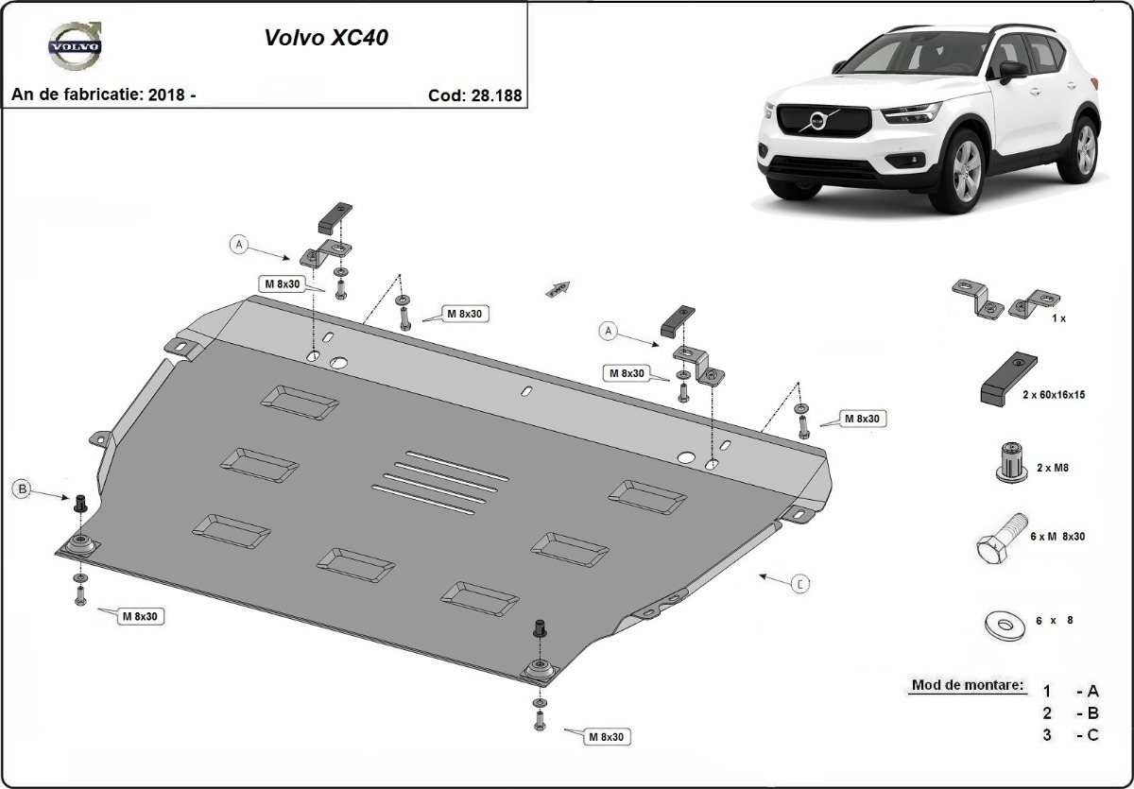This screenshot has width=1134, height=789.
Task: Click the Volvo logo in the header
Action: [x=76, y=47]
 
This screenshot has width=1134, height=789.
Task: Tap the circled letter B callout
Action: [x=23, y=489]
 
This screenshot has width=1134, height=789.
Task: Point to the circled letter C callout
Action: [x=799, y=584]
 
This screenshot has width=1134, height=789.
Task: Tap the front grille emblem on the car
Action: [x=816, y=120]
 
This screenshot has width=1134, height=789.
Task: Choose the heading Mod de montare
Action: [x=967, y=684]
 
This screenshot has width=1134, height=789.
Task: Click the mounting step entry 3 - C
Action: [x=1071, y=736]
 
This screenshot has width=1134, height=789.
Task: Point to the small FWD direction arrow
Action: [x=557, y=288]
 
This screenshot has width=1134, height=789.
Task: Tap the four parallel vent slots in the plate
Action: [x=440, y=480]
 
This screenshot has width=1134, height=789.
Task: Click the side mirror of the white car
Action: [x=1012, y=70]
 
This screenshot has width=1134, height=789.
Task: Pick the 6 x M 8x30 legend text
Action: [x=1059, y=536]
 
